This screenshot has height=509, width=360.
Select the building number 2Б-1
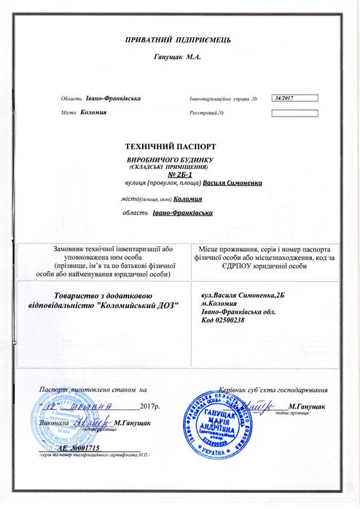179,175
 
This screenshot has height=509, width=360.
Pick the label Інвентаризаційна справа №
224,98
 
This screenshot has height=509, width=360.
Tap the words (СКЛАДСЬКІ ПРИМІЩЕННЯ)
179,167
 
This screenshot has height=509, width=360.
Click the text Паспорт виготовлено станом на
93,390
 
